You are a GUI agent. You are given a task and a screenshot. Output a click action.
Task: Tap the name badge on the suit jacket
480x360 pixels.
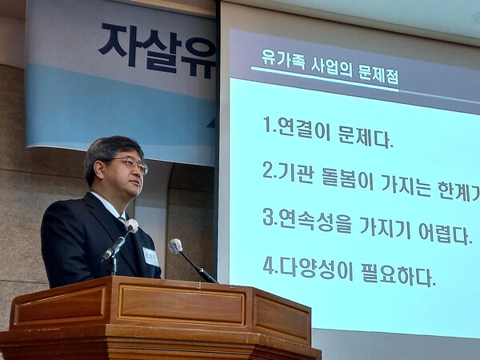(150, 256)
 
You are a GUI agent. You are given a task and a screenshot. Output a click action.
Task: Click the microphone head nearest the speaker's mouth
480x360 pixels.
(130, 226)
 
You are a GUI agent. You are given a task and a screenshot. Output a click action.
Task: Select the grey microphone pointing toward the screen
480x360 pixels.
(175, 246)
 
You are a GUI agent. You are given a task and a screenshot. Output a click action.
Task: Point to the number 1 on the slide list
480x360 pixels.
(267, 125)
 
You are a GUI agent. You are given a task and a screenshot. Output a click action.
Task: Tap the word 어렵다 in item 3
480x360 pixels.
(445, 234)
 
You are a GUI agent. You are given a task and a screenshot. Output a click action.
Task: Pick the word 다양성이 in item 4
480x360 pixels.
(309, 266)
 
